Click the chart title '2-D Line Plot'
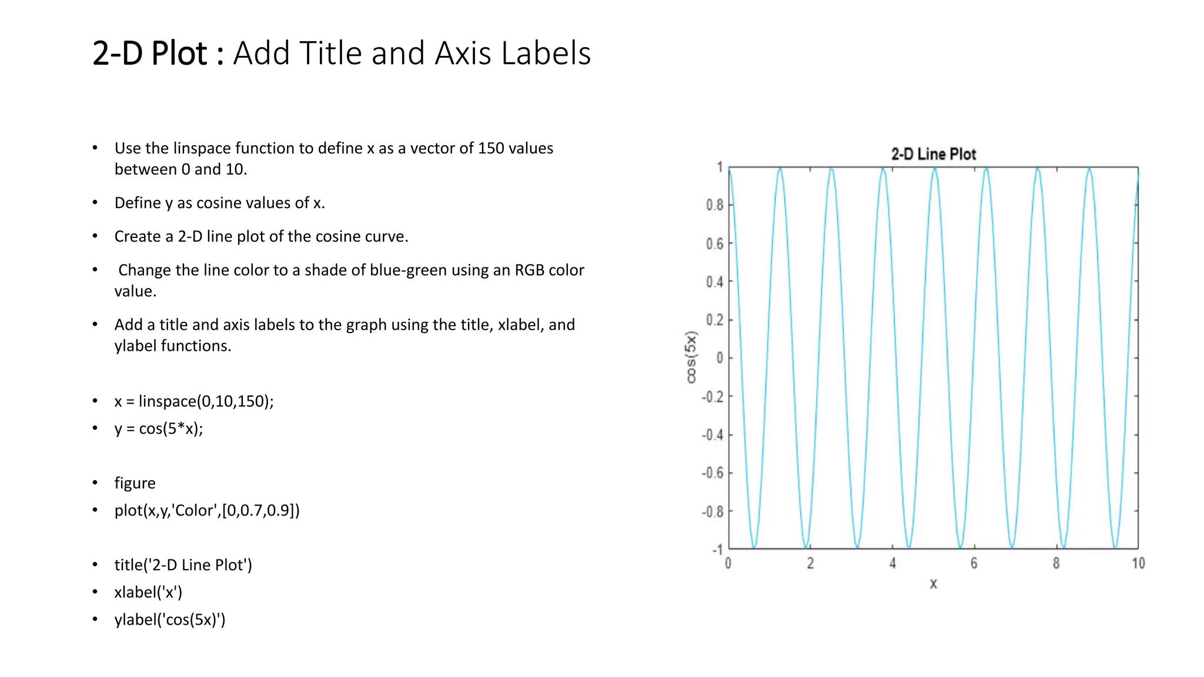click(x=933, y=155)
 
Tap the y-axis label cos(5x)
click(x=691, y=357)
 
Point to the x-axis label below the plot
click(x=933, y=584)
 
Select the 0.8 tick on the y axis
click(x=715, y=205)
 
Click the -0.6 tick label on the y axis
click(x=712, y=473)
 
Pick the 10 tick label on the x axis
click(x=1138, y=564)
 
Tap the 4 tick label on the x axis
click(x=892, y=564)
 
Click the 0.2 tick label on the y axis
click(x=715, y=320)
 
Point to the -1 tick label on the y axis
click(x=718, y=550)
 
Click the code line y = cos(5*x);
click(x=159, y=428)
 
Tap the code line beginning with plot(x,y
click(x=207, y=510)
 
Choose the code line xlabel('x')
click(x=148, y=592)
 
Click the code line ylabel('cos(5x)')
click(x=170, y=619)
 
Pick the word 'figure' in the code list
click(x=135, y=483)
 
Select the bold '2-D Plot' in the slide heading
click(x=150, y=53)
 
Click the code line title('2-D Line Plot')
click(x=183, y=565)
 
